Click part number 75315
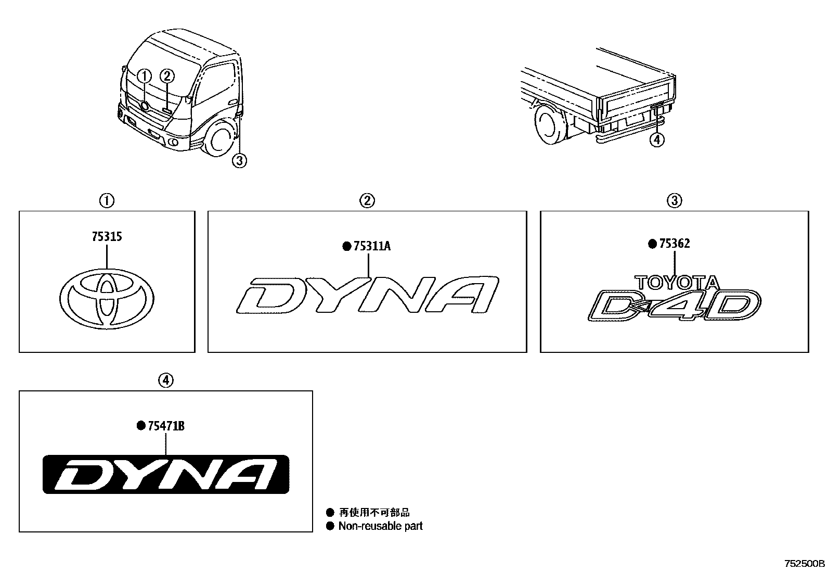click(106, 237)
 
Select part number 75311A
click(371, 246)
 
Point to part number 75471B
click(166, 426)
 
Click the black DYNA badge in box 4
click(166, 474)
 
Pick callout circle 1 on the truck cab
click(145, 76)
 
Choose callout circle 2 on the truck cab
click(166, 76)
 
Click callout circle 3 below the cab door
click(239, 161)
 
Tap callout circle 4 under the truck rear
click(657, 139)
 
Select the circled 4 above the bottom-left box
click(165, 381)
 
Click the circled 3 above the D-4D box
click(674, 200)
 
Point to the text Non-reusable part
click(380, 526)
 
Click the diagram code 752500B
click(805, 564)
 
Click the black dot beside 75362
click(652, 244)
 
